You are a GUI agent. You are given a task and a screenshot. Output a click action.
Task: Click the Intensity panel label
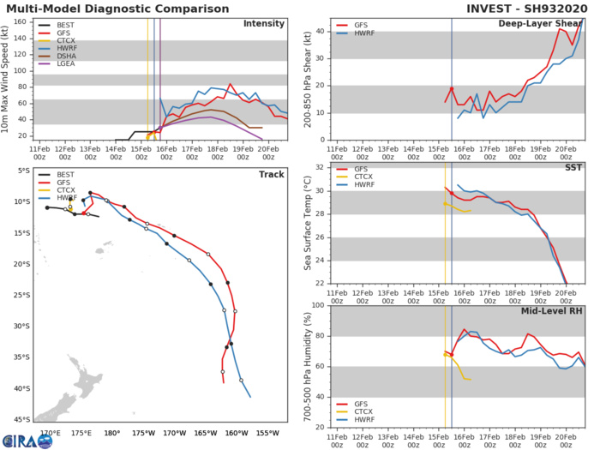pyautogui.click(x=265, y=23)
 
